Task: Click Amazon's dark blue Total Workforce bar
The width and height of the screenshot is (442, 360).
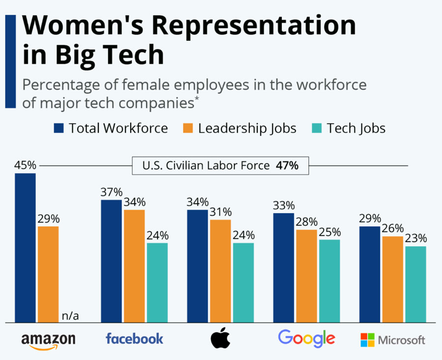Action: click(x=25, y=248)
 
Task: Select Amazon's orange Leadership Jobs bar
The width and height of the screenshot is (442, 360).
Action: click(x=48, y=275)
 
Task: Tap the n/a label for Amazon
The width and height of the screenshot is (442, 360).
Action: click(x=71, y=316)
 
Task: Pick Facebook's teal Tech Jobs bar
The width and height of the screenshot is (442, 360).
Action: click(x=157, y=283)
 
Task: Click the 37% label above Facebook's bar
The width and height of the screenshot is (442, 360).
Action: click(x=111, y=192)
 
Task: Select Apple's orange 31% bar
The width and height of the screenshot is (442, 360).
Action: click(x=221, y=271)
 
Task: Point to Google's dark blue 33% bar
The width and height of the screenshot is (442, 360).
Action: click(x=284, y=268)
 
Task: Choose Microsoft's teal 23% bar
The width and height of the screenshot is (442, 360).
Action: click(x=415, y=284)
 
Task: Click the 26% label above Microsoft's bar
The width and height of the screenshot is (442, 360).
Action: click(x=393, y=228)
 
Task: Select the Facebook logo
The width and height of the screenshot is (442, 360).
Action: click(x=135, y=338)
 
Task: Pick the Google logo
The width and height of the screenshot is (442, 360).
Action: click(x=306, y=338)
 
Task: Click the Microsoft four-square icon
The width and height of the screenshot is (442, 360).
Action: click(x=367, y=339)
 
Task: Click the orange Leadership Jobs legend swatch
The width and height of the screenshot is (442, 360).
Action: click(x=189, y=129)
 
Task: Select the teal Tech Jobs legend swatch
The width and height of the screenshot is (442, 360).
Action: click(x=317, y=129)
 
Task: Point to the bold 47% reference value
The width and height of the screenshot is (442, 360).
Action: click(x=287, y=166)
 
